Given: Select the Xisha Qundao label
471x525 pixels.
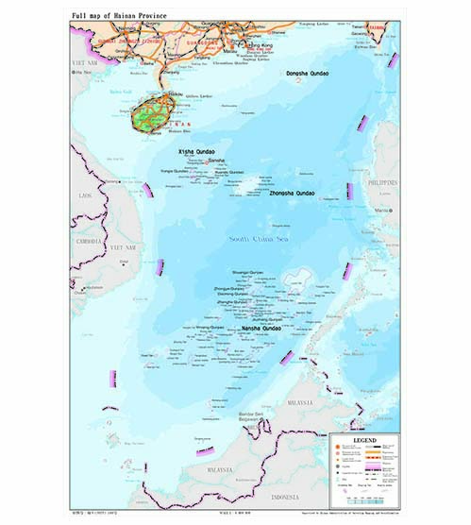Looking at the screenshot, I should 197,151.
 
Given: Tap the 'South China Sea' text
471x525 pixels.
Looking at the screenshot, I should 256,239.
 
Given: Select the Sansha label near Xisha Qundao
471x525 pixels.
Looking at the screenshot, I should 216,161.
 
